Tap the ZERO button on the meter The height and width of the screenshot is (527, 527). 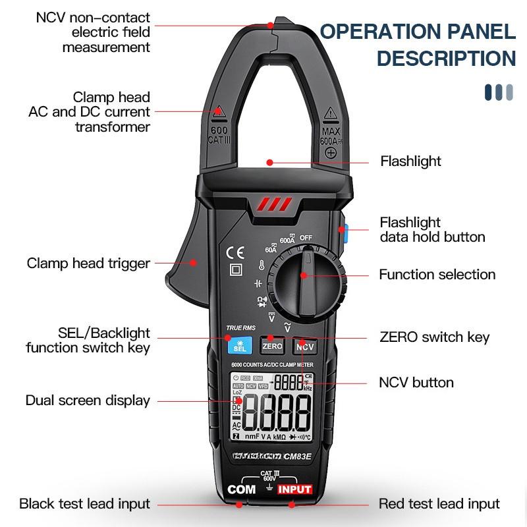tap(272, 346)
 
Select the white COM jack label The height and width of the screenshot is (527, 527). tap(241, 489)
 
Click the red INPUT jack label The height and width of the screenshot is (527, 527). tap(294, 489)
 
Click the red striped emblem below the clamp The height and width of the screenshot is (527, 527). tap(271, 204)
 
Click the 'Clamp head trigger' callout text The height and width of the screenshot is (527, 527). tap(88, 263)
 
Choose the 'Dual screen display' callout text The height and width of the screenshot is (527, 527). tap(88, 400)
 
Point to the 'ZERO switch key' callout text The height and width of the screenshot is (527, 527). tap(435, 337)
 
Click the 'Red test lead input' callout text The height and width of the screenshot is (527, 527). tap(439, 504)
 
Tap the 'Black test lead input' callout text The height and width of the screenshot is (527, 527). tap(84, 504)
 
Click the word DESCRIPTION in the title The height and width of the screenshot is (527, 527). tap(446, 58)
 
